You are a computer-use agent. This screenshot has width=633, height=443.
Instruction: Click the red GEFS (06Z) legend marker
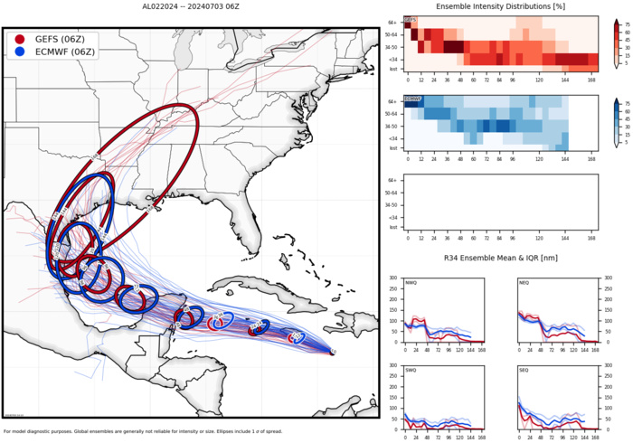[20, 41]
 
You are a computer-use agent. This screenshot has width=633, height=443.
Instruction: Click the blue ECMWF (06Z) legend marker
[20, 54]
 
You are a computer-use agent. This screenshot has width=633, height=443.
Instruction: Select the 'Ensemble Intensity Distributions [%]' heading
[500, 7]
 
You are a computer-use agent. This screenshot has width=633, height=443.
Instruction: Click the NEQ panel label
[524, 283]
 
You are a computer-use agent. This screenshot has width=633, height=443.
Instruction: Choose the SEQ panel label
[524, 371]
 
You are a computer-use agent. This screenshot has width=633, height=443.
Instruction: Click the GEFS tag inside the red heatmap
[410, 19]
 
